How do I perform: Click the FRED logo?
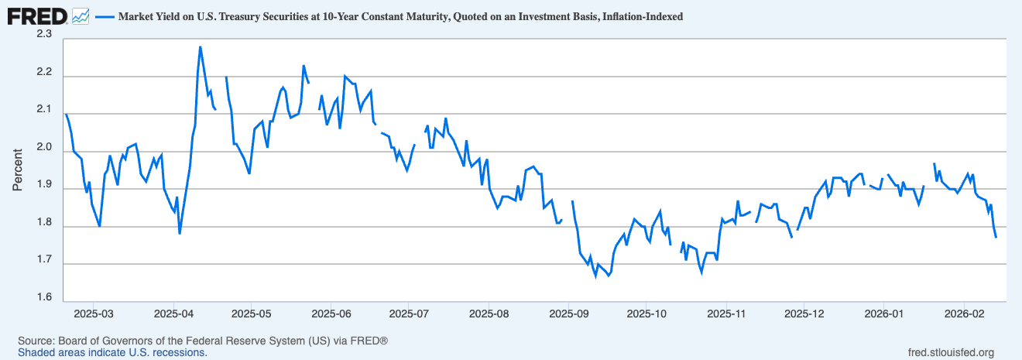point(36,15)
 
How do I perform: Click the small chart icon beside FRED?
point(80,15)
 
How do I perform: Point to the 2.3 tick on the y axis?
point(43,35)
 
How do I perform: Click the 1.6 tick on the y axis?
point(43,298)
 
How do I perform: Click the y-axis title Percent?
point(18,166)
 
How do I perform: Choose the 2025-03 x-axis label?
point(94,314)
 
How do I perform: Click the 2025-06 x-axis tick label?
point(331,314)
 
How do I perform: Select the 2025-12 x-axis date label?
point(804,314)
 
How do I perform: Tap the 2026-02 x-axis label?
point(963,314)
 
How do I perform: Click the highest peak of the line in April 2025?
point(200,46)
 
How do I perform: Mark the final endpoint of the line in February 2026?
point(996,237)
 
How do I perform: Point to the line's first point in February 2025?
point(66,114)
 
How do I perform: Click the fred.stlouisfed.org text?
point(950,352)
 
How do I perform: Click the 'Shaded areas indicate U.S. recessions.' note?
point(112,352)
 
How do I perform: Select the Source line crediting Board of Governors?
point(203,341)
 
